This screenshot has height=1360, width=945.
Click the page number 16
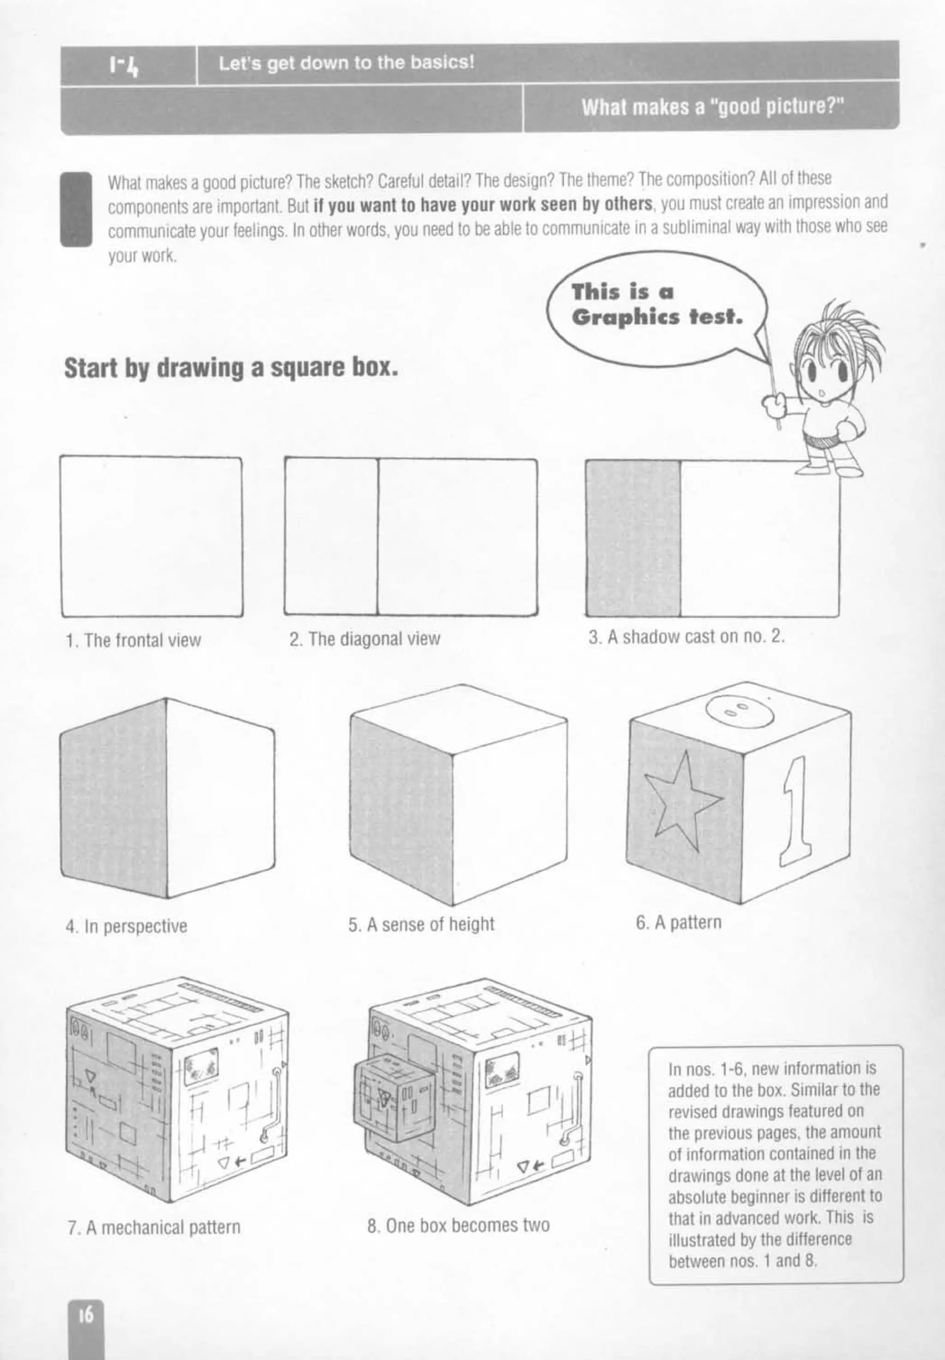tap(86, 1315)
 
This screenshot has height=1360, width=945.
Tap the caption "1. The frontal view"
tap(133, 640)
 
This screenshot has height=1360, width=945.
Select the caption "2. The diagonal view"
tap(365, 638)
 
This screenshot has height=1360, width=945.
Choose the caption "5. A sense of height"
tap(421, 924)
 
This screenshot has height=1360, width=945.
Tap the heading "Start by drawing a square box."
tap(231, 368)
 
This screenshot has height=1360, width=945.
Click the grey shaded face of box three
tap(632, 538)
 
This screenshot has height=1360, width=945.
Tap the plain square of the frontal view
tap(152, 536)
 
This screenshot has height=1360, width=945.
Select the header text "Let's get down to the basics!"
tap(347, 63)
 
